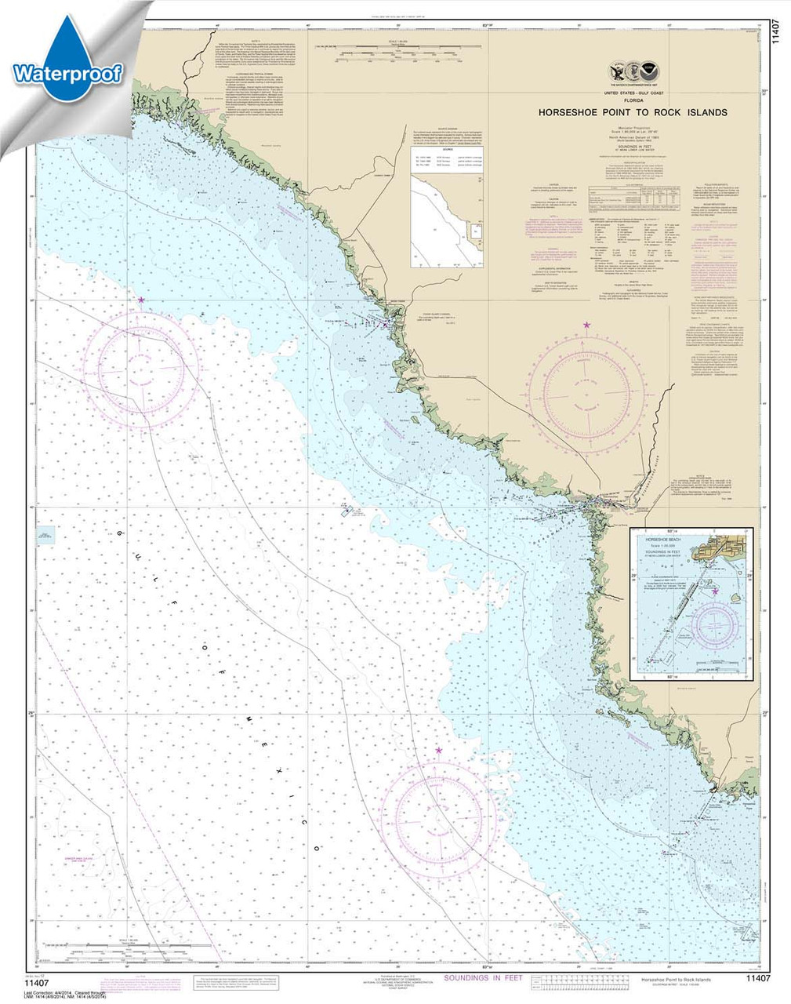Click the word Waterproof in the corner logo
pyautogui.click(x=67, y=75)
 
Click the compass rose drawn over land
pyautogui.click(x=587, y=387)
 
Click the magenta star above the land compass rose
pyautogui.click(x=586, y=325)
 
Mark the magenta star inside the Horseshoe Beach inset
pyautogui.click(x=716, y=591)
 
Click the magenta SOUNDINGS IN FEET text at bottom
pyautogui.click(x=483, y=978)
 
